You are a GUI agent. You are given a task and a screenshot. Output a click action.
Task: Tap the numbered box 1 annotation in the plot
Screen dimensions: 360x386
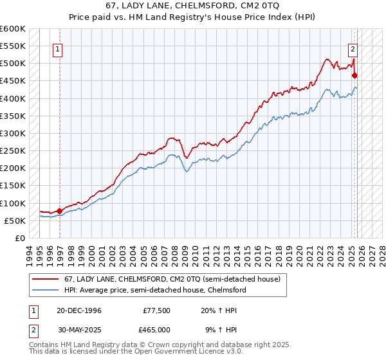pos(58,48)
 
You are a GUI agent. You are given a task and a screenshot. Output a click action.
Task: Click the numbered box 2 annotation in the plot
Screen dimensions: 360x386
pos(353,48)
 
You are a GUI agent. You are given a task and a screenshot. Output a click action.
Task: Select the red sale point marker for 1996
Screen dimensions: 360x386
pos(60,210)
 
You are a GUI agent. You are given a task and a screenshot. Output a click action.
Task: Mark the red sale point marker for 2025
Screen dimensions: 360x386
pos(354,75)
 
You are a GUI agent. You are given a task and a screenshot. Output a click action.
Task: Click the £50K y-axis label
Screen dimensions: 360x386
pos(14,221)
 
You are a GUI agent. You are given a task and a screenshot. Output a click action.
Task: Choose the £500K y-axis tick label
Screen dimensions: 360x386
pos(12,64)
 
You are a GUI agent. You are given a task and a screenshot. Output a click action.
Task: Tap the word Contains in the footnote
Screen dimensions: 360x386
pos(44,346)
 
